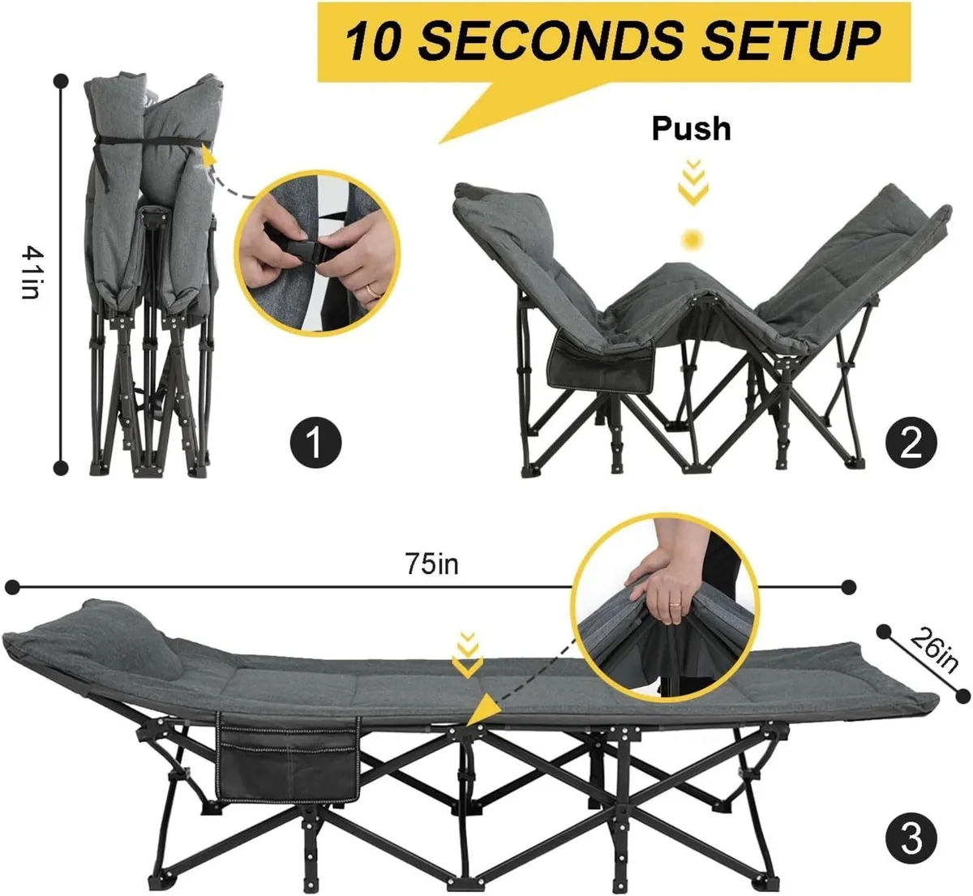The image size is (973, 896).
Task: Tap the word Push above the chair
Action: [x=691, y=128]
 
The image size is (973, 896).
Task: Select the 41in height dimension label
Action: [x=29, y=272]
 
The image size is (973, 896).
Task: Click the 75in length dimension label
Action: [x=432, y=564]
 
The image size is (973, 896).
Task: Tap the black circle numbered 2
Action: [x=911, y=443]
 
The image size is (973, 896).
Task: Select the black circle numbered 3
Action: [x=911, y=838]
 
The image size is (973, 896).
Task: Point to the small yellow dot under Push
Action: [x=692, y=239]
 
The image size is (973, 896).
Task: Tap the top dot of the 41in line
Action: [x=61, y=79]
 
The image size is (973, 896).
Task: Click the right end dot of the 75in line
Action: [x=850, y=586]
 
